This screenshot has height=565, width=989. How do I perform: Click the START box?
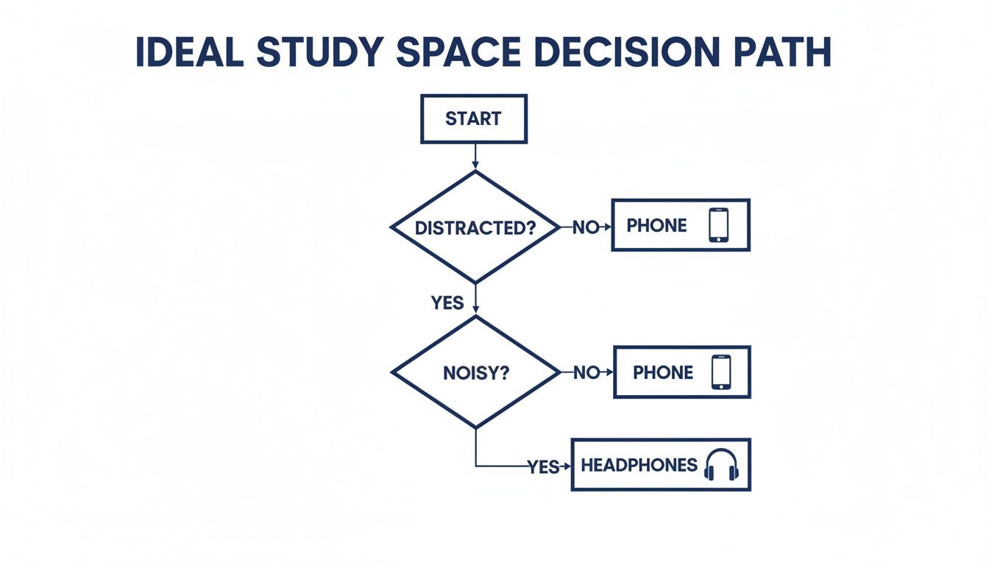[x=473, y=118]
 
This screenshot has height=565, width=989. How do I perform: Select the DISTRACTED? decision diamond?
[x=475, y=227]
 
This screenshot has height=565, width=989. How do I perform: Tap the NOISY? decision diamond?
[x=475, y=373]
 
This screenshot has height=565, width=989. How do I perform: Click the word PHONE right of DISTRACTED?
[x=656, y=226]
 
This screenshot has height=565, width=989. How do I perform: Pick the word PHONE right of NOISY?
[x=662, y=373]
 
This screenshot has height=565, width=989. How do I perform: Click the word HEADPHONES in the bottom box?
[x=639, y=465]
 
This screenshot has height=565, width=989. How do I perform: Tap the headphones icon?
[x=721, y=465]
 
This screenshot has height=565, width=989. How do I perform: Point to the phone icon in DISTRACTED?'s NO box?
[x=718, y=225]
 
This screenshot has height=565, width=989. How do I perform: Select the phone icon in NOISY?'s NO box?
[x=721, y=372]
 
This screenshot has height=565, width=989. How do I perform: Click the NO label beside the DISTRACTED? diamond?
[x=586, y=228]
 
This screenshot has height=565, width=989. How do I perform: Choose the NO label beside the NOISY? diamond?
[x=586, y=373]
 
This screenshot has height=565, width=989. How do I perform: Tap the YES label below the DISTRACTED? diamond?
[x=447, y=302]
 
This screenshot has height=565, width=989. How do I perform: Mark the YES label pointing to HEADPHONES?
[x=543, y=467]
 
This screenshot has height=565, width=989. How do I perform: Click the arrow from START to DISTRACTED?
[x=475, y=156]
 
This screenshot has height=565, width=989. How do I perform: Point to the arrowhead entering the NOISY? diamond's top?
[x=476, y=311]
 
